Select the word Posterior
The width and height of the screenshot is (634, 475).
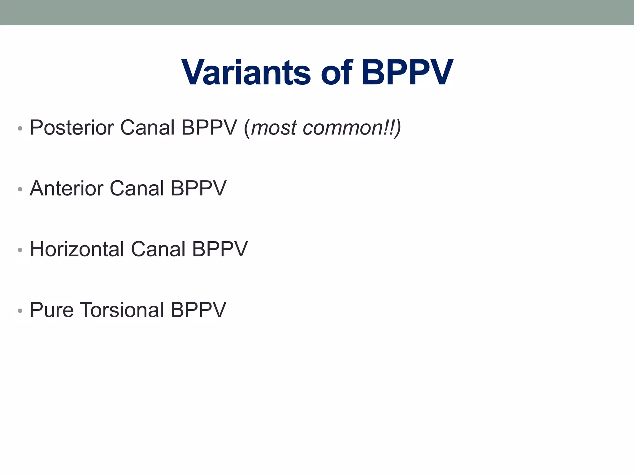pos(72,128)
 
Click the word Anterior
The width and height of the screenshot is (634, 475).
pos(67,188)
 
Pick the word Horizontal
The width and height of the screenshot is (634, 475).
pos(77,249)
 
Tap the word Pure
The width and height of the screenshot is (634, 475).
pos(52,310)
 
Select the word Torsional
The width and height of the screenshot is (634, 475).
pos(122,310)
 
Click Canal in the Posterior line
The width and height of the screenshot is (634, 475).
pos(147,128)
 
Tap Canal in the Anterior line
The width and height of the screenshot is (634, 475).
pos(137,188)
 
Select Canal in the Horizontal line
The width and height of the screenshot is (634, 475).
pos(158,249)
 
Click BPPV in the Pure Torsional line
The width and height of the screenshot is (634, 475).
pos(198,310)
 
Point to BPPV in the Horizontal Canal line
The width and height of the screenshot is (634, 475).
pos(220,249)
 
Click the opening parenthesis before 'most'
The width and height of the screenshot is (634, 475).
pos(247,128)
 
